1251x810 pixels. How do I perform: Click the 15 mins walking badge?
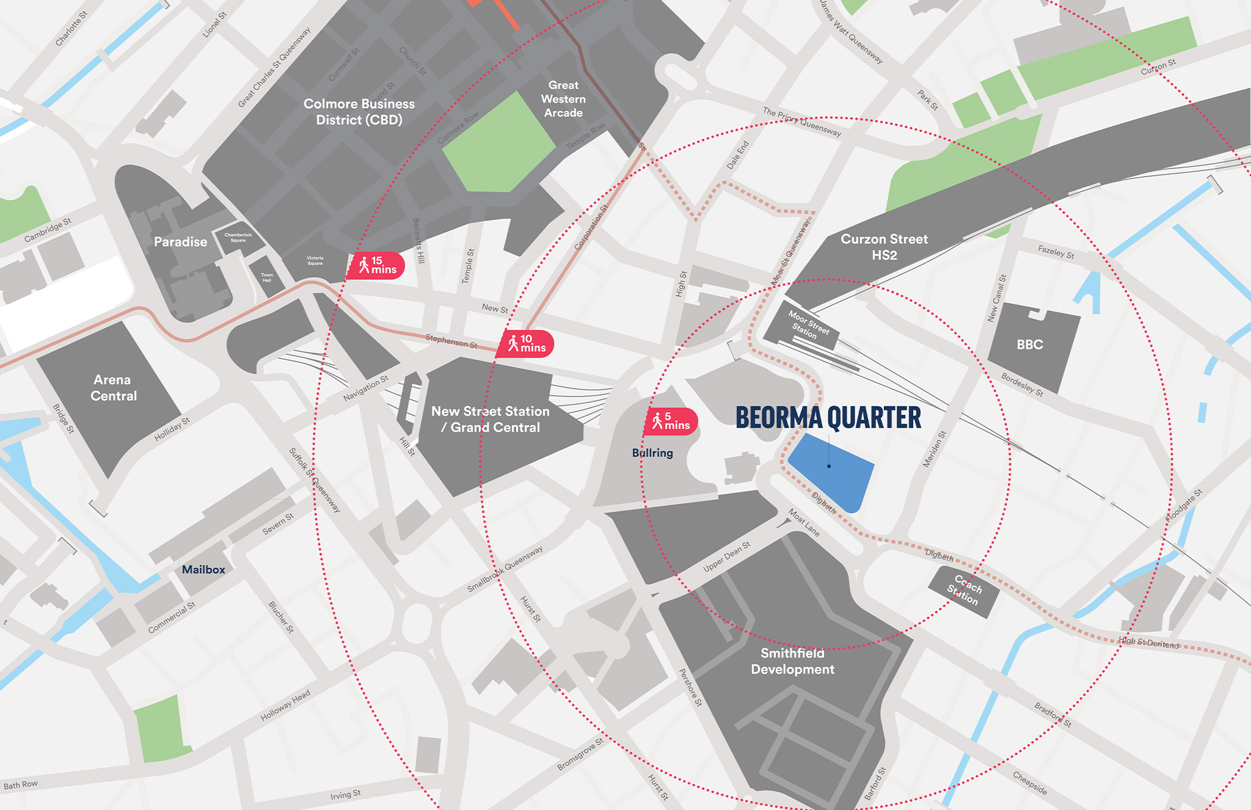[376, 266]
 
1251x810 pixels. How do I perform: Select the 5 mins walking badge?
[671, 421]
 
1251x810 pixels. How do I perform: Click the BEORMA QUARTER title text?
[828, 418]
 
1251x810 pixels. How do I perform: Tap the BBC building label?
[1029, 345]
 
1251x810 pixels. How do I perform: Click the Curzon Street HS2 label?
[884, 247]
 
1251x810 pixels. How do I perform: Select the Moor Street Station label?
[808, 324]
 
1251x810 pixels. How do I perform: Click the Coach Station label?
[965, 589]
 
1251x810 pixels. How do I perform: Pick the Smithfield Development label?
[792, 661]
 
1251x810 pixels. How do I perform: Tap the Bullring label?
[652, 453]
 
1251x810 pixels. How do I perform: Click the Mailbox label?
[203, 569]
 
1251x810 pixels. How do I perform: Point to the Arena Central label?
[113, 388]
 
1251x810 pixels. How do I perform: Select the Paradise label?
[180, 242]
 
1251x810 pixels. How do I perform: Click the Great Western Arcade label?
[563, 99]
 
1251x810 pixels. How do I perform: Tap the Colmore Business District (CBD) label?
[359, 112]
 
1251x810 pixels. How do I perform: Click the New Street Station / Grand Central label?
[491, 419]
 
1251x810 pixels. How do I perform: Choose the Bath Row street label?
[21, 785]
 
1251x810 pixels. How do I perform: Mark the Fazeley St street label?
[1056, 252]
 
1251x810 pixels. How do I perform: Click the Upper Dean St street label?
[726, 556]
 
